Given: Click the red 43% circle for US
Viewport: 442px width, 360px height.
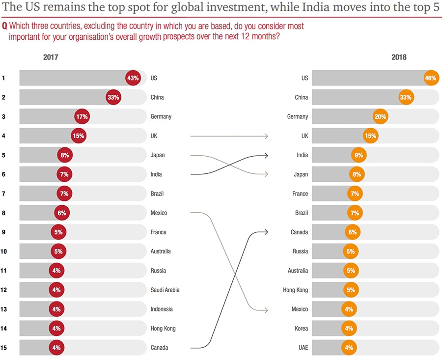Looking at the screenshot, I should point(133,78).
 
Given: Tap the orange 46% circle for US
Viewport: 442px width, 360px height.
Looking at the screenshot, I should point(431,78).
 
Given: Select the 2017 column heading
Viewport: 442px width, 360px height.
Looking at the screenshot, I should point(51,57).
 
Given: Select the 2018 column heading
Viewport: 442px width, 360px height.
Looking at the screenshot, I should point(399,57).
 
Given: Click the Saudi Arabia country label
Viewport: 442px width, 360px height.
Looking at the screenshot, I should point(165,290).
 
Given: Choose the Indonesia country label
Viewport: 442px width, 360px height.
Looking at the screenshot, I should point(162,309).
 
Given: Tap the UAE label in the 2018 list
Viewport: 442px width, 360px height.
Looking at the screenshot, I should point(303,348).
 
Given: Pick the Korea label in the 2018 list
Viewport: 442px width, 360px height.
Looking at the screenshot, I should point(301,329).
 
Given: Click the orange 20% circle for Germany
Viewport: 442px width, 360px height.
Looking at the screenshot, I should point(381,117).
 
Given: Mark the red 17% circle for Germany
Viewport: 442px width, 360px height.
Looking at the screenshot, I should point(82,117).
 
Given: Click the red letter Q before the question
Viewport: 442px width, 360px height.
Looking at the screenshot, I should point(4,26).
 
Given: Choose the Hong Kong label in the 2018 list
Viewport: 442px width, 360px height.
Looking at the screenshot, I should point(296,290).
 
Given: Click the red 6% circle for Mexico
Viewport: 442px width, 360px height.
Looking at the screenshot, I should point(61,213).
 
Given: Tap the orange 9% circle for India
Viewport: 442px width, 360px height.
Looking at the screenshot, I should point(359,155).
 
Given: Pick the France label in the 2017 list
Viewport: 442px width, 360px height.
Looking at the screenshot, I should point(158,232).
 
